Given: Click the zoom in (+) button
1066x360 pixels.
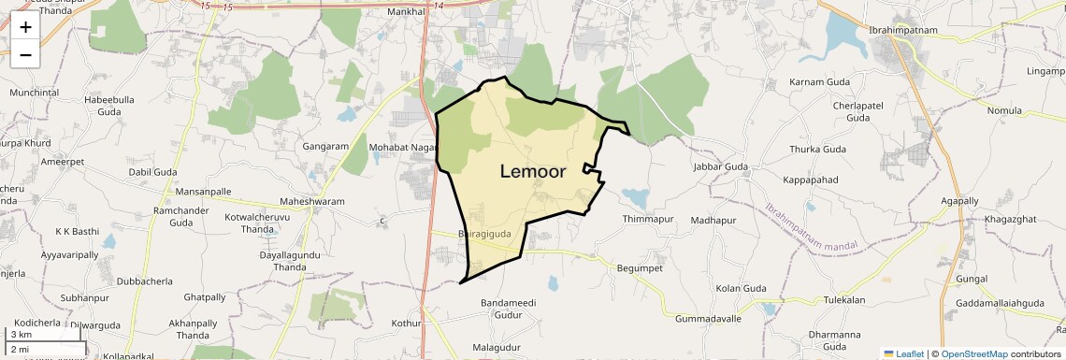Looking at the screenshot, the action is (x=25, y=27).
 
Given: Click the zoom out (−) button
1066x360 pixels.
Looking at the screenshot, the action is (x=25, y=54).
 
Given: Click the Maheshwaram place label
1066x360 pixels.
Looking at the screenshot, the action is (x=312, y=202).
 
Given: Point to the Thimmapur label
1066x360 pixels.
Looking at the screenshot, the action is (x=648, y=219).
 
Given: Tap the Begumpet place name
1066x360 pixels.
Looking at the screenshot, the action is (x=641, y=267).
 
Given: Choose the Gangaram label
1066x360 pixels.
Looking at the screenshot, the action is (x=325, y=147).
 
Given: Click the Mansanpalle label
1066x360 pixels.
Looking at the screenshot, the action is (x=203, y=191).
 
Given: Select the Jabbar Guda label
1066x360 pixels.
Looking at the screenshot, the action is (x=721, y=166).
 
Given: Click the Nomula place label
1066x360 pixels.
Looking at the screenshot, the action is (x=1004, y=110).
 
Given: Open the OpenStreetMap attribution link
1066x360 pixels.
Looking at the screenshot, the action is (x=973, y=353).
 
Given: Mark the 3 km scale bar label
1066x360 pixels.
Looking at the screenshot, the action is (x=22, y=335).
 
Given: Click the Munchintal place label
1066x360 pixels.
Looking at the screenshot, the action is (x=35, y=93).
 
